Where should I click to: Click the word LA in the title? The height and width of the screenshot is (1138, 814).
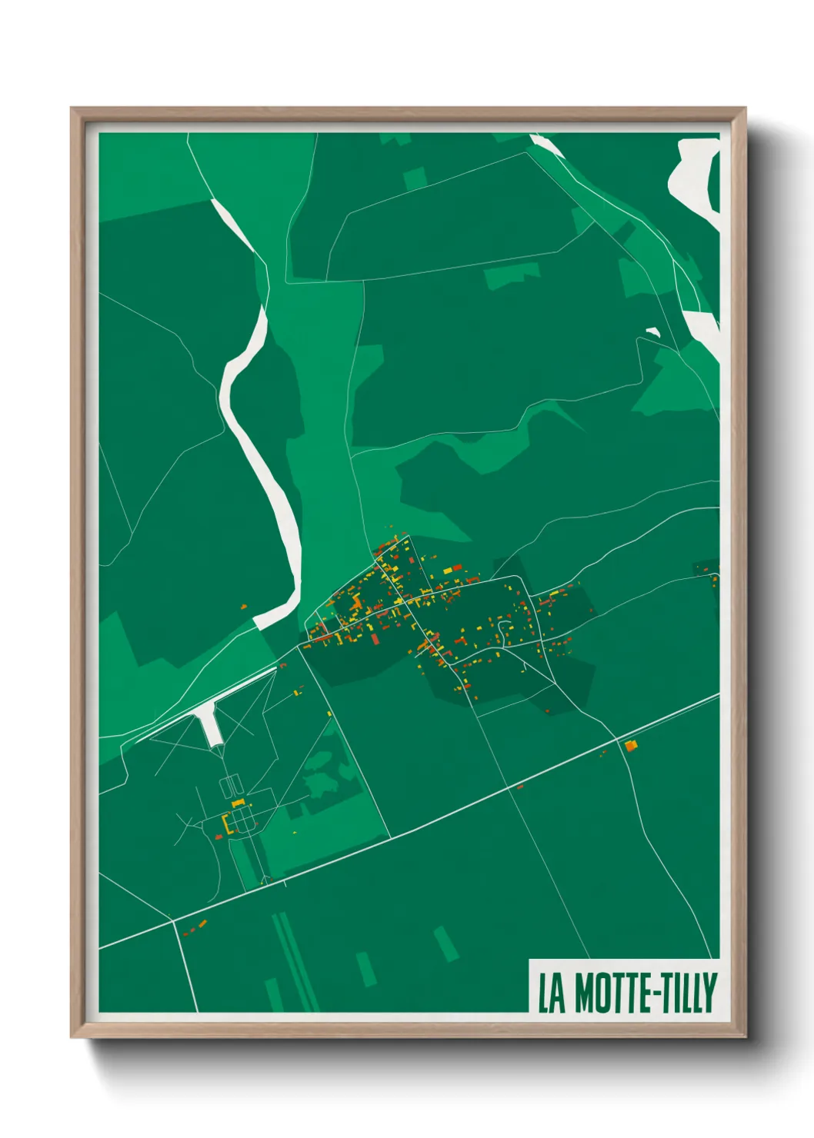(x=550, y=993)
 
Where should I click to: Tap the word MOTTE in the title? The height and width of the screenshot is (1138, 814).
(x=608, y=993)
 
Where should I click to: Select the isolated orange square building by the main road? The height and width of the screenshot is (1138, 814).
(x=630, y=744)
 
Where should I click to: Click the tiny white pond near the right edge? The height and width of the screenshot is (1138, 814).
(x=653, y=332)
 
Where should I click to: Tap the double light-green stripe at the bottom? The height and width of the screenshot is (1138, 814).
(x=295, y=961)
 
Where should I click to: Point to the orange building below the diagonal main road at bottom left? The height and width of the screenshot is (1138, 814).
(x=202, y=923)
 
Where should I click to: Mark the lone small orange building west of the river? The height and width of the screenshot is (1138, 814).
(x=243, y=607)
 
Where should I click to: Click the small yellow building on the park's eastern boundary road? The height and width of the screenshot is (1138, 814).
(x=329, y=714)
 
